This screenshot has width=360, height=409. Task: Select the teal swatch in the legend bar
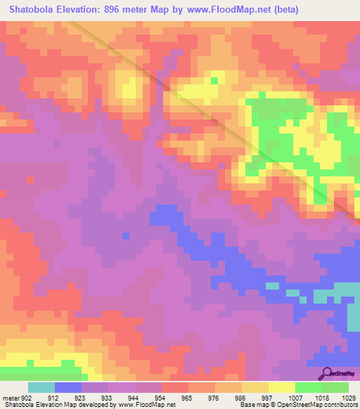pyautogui.click(x=41, y=387)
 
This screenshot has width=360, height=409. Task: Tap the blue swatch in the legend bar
pyautogui.click(x=68, y=387)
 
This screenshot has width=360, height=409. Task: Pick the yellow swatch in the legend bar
pyautogui.click(x=282, y=387)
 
